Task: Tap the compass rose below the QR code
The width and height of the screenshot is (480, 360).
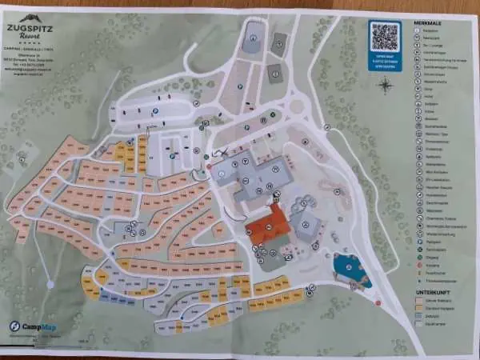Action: [x=386, y=84]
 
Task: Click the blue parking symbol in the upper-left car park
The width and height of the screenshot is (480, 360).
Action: [x=156, y=111]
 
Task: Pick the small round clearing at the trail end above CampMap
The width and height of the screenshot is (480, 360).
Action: [x=50, y=283]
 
